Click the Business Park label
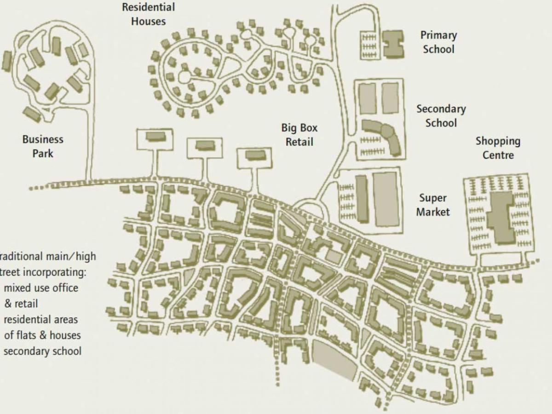pyautogui.click(x=43, y=146)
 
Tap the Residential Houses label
pyautogui.click(x=148, y=14)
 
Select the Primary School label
pyautogui.click(x=438, y=42)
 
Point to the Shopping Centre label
pyautogui.click(x=498, y=148)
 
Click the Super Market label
pyautogui.click(x=433, y=205)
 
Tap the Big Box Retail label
pyautogui.click(x=299, y=135)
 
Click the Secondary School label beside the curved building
pyautogui.click(x=441, y=116)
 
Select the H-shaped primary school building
pyautogui.click(x=393, y=44)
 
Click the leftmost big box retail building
pyautogui.click(x=155, y=137)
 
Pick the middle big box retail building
pyautogui.click(x=205, y=146)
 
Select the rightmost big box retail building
pyautogui.click(x=255, y=155)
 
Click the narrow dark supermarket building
pyautogui.click(x=362, y=198)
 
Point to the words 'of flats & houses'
pyautogui.click(x=42, y=335)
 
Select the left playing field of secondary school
pyautogui.click(x=368, y=98)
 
